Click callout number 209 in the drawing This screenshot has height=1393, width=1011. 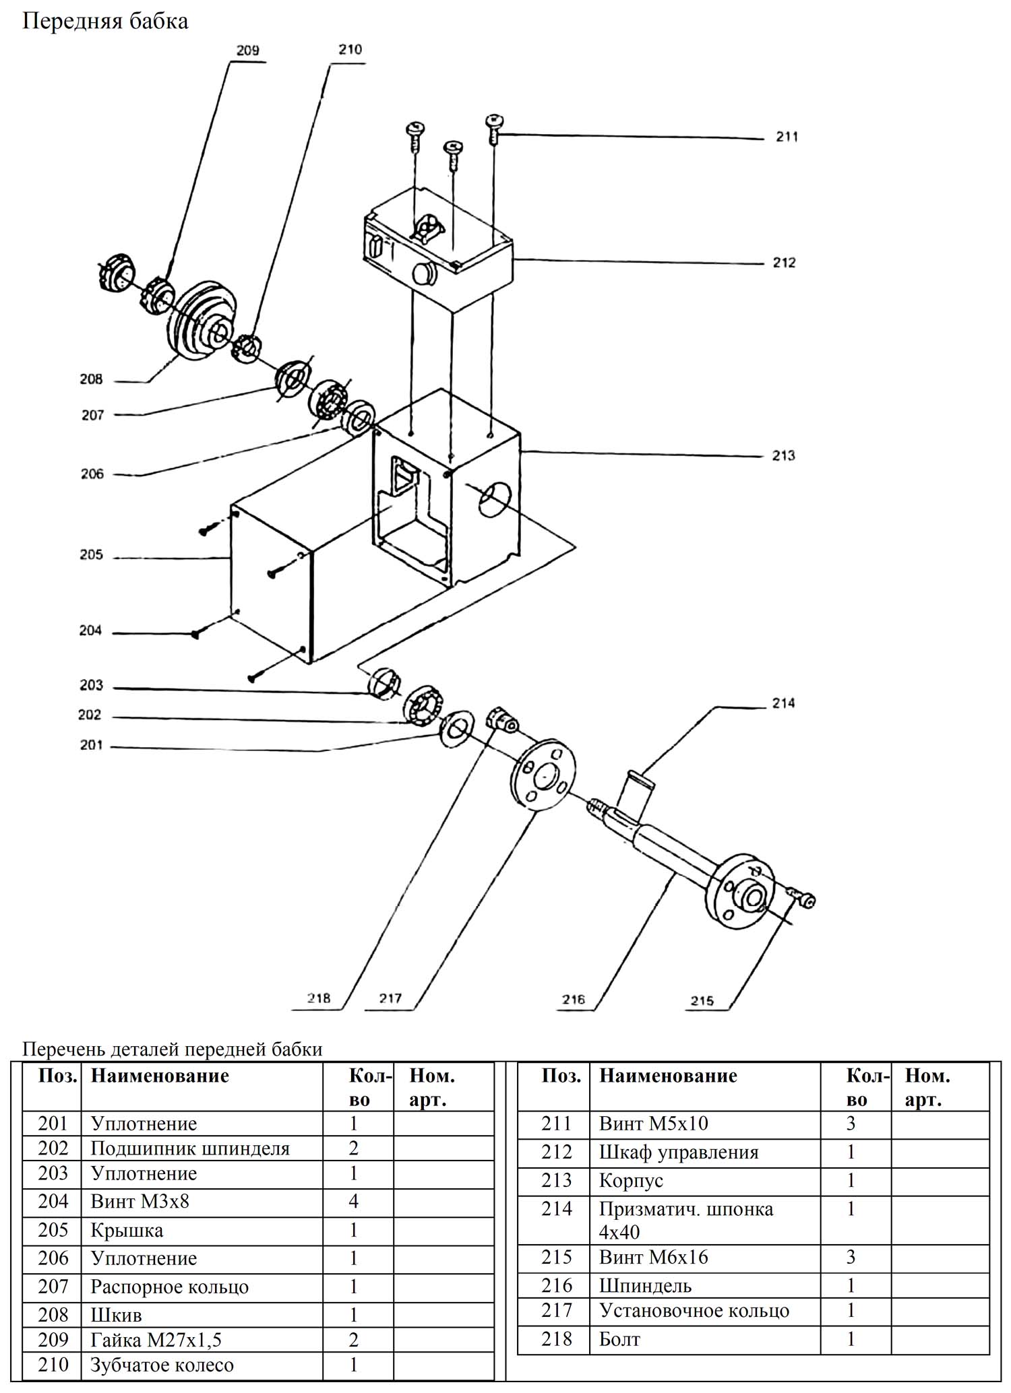247,51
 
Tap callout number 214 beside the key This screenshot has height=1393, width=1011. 783,703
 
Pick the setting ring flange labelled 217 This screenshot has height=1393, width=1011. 543,775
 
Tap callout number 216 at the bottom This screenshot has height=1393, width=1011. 574,999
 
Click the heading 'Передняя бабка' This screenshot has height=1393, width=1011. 105,22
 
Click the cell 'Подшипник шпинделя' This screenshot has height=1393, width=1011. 190,1148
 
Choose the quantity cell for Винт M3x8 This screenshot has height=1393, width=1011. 354,1201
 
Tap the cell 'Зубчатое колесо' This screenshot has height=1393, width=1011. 162,1365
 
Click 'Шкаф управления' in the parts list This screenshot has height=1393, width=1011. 679,1152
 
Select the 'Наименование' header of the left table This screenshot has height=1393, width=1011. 160,1076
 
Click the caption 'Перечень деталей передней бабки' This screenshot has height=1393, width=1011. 173,1049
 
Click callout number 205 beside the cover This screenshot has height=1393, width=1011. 91,555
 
